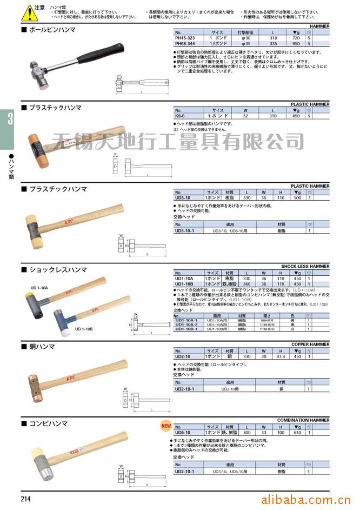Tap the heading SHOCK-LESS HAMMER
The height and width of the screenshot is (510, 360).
(x=305, y=266)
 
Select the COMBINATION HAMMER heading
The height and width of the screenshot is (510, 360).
(x=303, y=420)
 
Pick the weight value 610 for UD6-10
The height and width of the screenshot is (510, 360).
(x=296, y=433)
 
